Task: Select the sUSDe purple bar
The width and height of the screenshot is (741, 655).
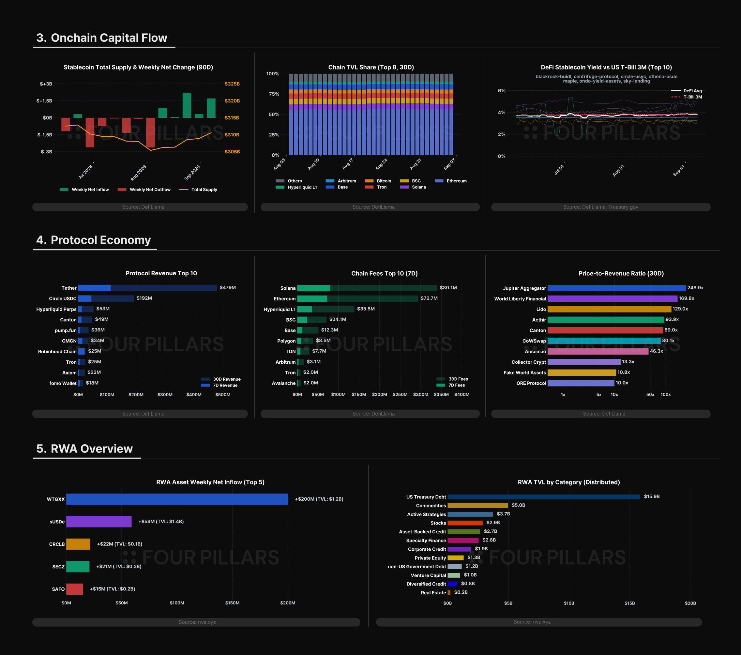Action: coord(99,522)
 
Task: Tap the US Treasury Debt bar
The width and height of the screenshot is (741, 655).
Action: coord(544,497)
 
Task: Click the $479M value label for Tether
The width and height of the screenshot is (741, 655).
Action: coord(228,288)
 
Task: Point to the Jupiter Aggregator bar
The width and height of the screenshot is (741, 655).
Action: coord(617,288)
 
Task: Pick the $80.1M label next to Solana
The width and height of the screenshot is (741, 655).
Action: coord(448,288)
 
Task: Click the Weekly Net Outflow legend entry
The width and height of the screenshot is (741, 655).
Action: coord(144,189)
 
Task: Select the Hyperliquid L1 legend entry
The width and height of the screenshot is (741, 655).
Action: coord(296,187)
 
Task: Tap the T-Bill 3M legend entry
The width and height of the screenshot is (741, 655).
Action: coord(686,97)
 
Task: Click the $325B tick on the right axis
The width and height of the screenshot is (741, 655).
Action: coord(232,84)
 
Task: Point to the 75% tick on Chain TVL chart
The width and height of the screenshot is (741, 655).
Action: coord(274,94)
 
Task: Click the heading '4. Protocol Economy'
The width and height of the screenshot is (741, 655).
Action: coord(94,240)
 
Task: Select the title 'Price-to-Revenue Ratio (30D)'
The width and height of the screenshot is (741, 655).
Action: coord(621,273)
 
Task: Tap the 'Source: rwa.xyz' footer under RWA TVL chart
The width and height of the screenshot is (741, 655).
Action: coord(532,622)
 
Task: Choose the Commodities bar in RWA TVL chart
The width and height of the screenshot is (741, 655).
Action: coord(478,506)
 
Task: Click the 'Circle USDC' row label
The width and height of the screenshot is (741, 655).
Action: coord(63,298)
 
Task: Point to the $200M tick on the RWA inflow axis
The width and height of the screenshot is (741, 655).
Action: coord(288,603)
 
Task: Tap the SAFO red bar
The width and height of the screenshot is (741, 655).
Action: coord(75,589)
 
